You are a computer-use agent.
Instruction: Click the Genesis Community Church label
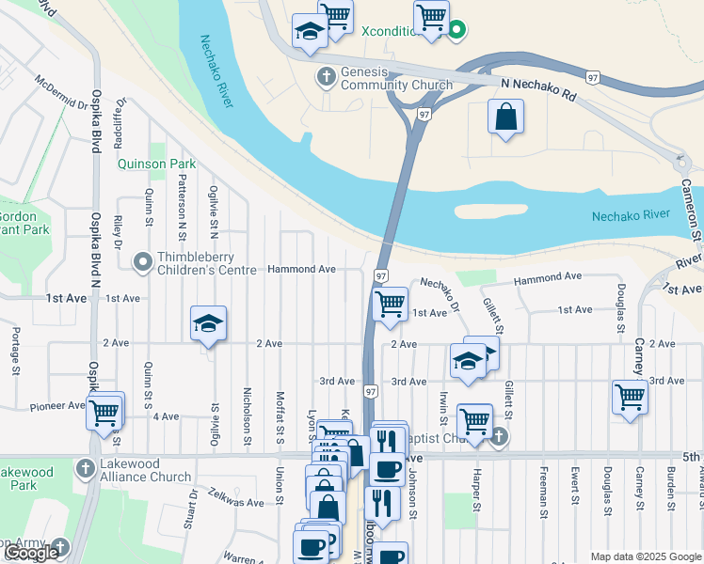396,78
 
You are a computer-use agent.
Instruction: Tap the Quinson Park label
156,164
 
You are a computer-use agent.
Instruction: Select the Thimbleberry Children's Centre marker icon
143,261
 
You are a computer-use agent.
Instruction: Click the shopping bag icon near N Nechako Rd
505,117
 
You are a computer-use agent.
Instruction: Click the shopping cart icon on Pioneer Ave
104,410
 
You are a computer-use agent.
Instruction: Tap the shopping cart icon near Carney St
630,397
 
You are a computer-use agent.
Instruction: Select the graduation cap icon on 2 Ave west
208,325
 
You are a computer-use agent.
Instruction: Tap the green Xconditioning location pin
457,30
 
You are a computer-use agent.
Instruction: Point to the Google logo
30,554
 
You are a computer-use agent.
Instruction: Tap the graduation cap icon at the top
309,31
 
